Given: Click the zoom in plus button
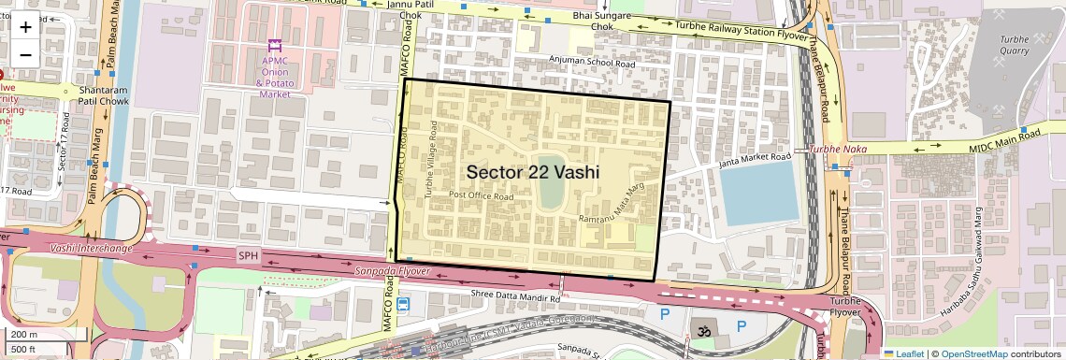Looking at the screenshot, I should click(25, 26).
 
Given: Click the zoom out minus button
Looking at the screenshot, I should click(25, 54).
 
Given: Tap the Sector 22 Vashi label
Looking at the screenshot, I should click(532, 172).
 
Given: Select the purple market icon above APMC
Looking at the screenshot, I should click(274, 45).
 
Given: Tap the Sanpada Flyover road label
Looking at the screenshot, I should click(392, 271).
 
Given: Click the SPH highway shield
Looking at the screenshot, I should click(248, 255).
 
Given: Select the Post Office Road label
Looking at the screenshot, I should click(482, 196).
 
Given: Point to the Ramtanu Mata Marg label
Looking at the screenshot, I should click(612, 205).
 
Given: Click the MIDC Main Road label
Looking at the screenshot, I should click(1004, 139).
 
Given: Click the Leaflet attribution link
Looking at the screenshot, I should click(903, 353).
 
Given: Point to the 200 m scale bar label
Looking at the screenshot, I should click(25, 334).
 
